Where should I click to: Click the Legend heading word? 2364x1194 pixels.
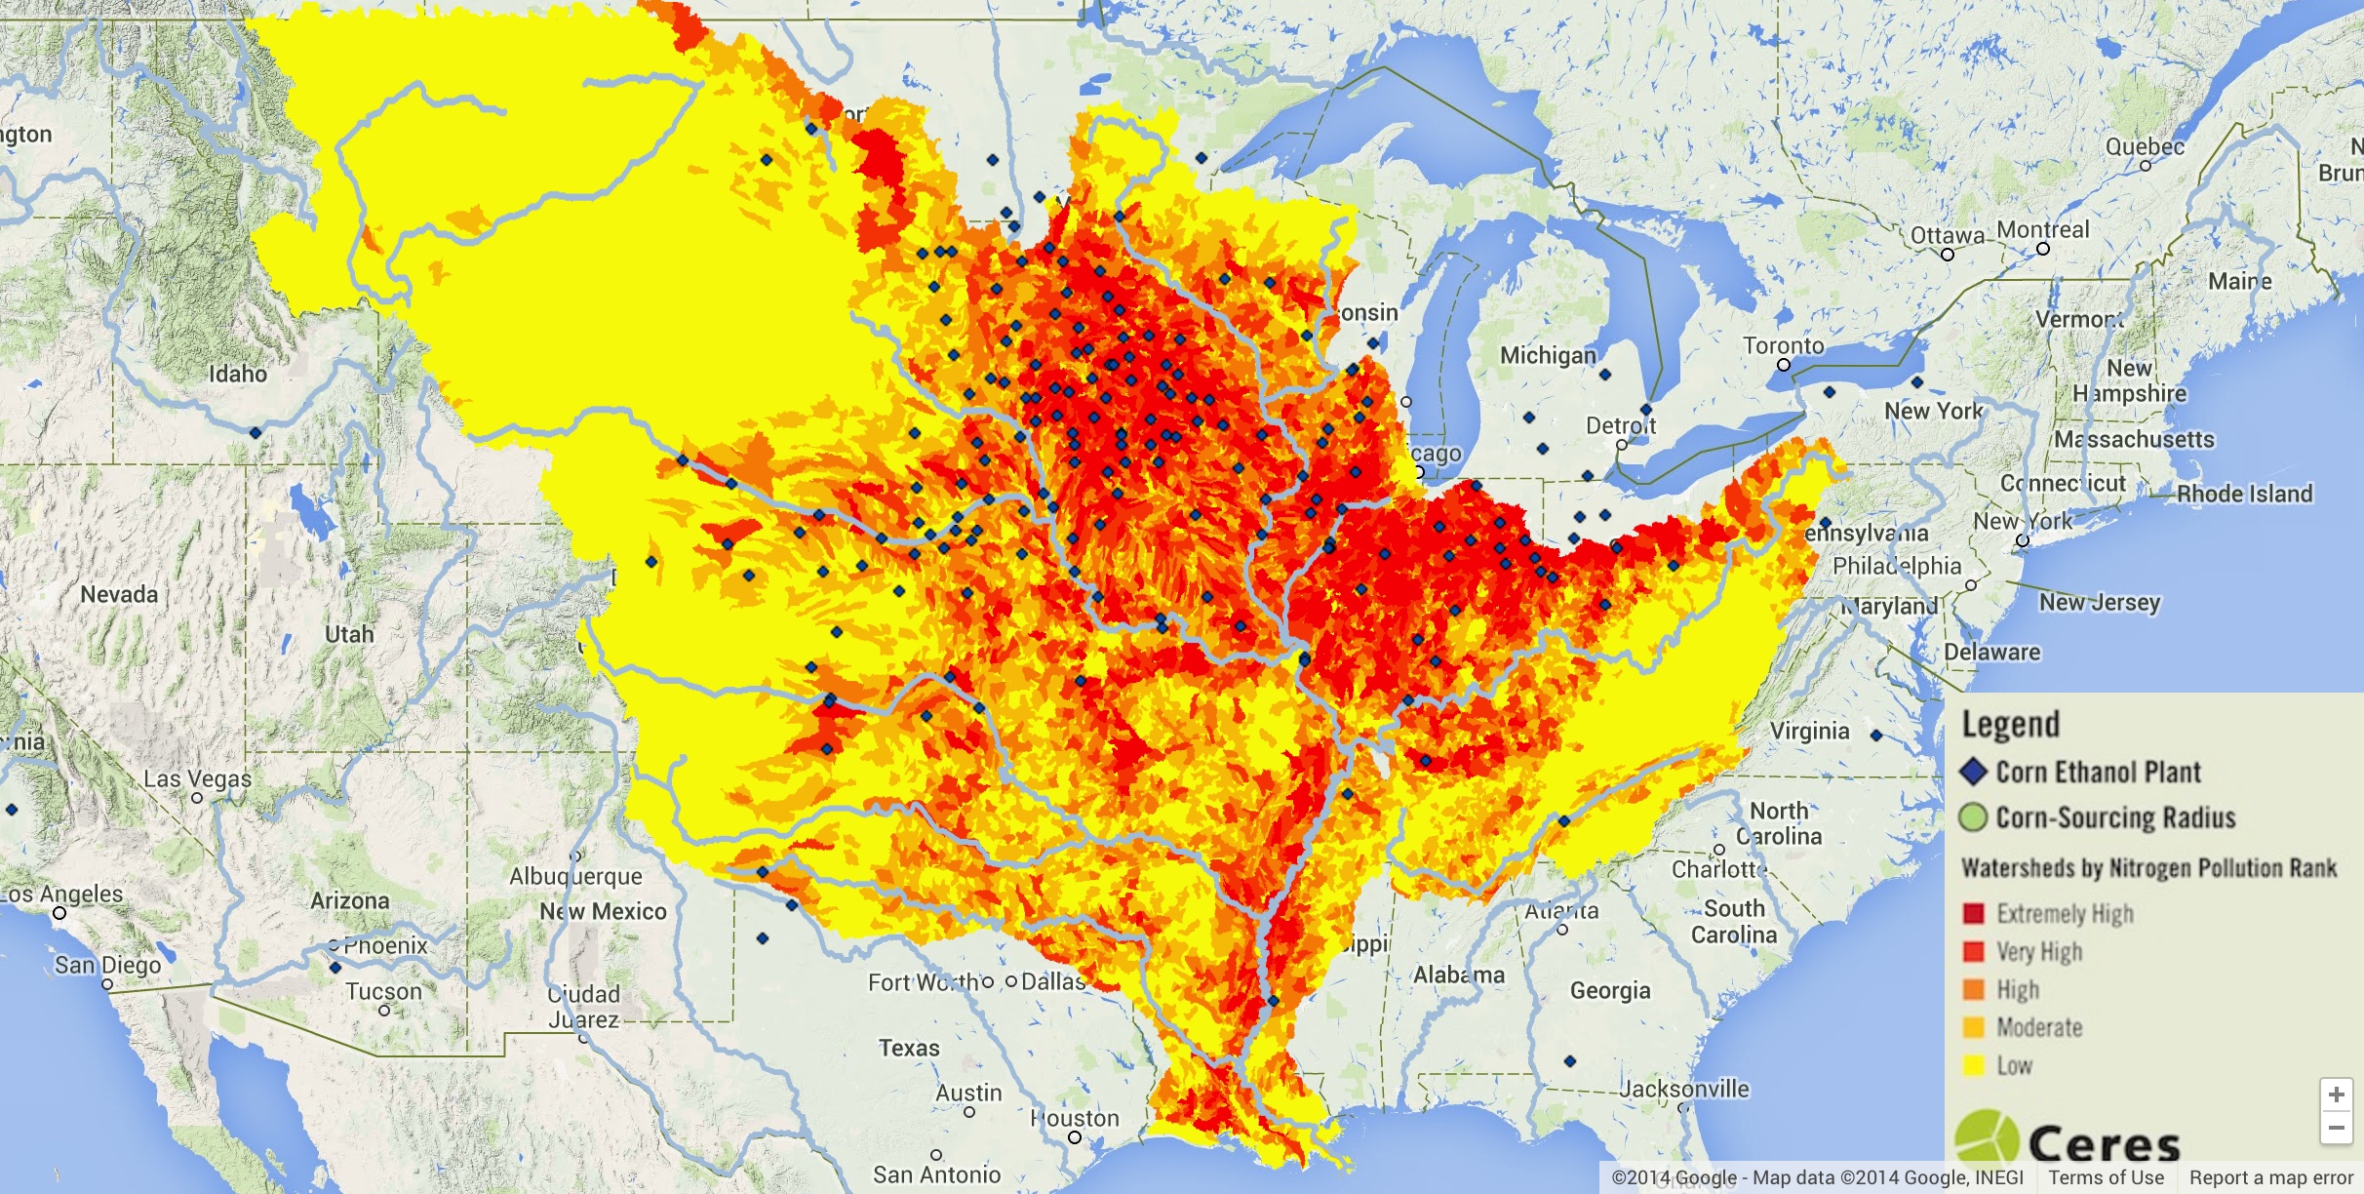(2010, 725)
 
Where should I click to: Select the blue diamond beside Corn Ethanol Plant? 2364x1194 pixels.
(1973, 772)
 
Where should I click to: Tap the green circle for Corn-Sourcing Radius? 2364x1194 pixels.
(1973, 817)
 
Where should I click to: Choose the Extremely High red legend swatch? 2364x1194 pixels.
(1974, 913)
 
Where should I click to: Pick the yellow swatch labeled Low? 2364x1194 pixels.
(1974, 1065)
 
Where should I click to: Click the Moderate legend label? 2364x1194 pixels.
(2039, 1027)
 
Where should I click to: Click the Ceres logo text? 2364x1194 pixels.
(2104, 1143)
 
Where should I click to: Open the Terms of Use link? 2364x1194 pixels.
(2106, 1177)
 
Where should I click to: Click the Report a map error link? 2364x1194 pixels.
(2271, 1177)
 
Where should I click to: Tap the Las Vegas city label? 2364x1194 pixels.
(197, 778)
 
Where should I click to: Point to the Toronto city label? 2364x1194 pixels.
(1784, 345)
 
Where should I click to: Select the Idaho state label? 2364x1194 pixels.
(237, 374)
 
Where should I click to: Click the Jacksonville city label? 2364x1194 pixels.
(1684, 1089)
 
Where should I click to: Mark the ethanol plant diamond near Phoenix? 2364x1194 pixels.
(335, 968)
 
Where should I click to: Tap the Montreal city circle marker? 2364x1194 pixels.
(2043, 249)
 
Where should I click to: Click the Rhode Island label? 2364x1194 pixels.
(2244, 494)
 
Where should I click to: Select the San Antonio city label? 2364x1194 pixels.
(936, 1174)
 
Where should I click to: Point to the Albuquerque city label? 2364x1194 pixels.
(575, 876)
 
